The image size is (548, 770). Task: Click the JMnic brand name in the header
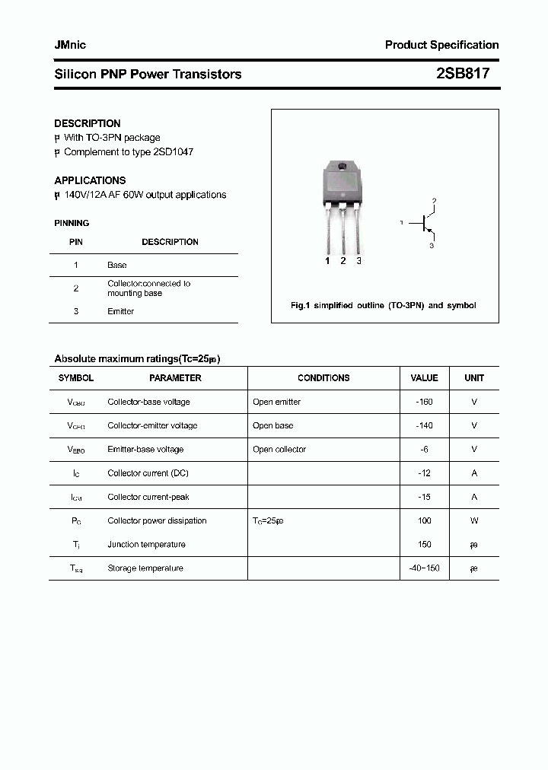click(x=70, y=45)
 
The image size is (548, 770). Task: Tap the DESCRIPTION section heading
click(x=87, y=123)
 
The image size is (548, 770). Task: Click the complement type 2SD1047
click(x=174, y=151)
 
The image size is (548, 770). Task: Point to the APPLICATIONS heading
click(x=90, y=180)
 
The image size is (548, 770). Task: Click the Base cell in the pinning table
click(x=117, y=265)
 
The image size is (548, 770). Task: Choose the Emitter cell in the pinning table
click(x=121, y=311)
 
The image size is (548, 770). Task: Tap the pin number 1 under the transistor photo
click(x=327, y=261)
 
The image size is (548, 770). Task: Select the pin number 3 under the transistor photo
click(x=358, y=261)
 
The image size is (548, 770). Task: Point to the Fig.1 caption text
click(x=384, y=305)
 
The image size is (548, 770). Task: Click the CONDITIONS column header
click(x=323, y=377)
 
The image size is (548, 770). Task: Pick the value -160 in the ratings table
click(x=424, y=402)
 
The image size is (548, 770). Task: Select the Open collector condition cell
click(x=279, y=449)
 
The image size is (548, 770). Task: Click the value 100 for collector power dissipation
click(x=424, y=520)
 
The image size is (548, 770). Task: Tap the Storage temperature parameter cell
click(x=145, y=568)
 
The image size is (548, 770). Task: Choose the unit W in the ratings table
click(x=474, y=520)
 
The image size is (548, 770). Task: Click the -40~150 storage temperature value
click(x=424, y=568)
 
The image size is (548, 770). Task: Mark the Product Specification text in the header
click(x=441, y=45)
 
